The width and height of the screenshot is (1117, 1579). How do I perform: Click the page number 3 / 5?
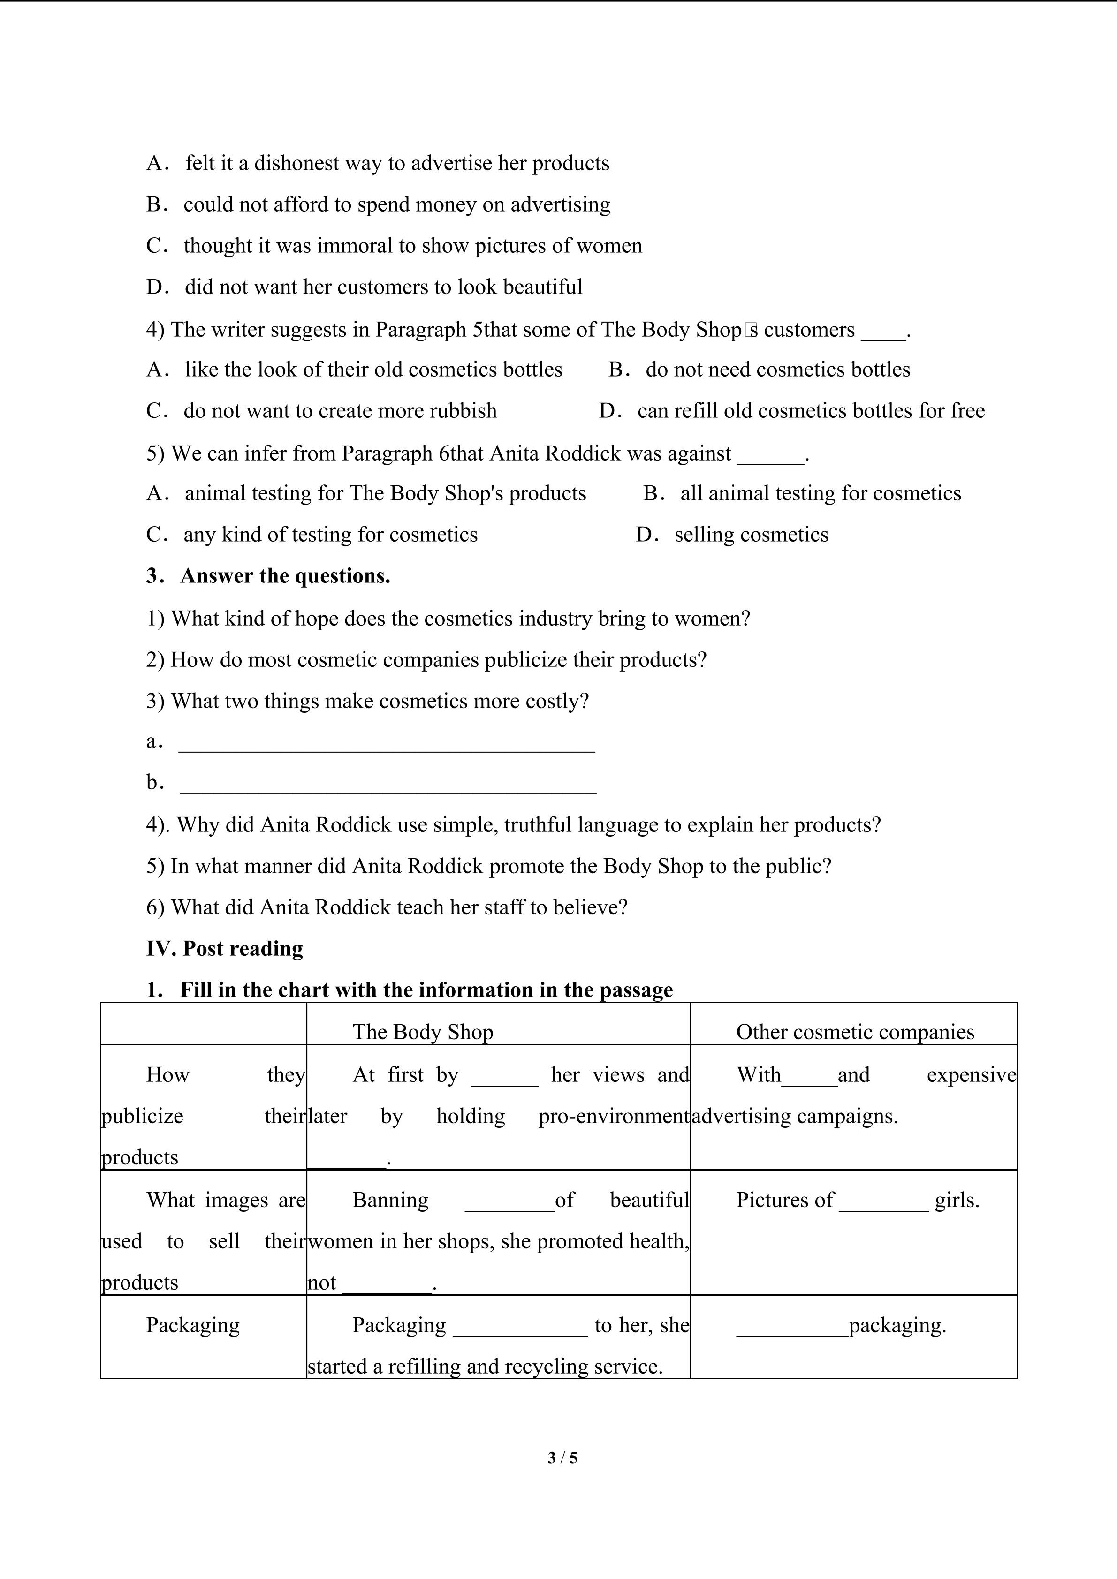coord(562,1457)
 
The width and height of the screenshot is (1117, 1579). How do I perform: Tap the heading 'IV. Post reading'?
coord(224,948)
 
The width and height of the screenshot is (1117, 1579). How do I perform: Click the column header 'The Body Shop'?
coord(423,1032)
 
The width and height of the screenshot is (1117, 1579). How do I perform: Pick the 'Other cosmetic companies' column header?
coord(855,1032)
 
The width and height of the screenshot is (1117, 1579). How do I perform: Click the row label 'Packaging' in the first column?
coord(193,1325)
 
